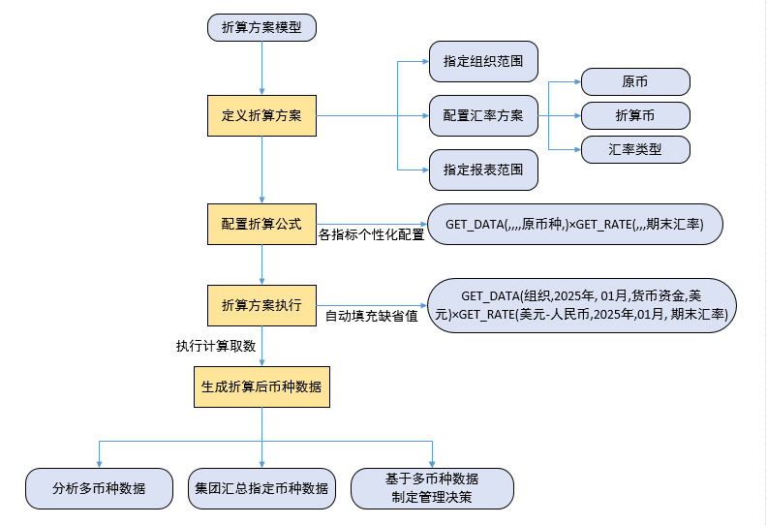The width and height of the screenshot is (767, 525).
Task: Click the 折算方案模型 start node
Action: click(x=261, y=28)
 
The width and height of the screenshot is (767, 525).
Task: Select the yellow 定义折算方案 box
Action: click(x=261, y=115)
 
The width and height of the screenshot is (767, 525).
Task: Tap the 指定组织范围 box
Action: click(x=483, y=62)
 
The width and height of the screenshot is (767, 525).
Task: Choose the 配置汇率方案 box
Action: click(x=483, y=115)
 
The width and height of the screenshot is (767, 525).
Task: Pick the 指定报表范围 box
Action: click(x=483, y=170)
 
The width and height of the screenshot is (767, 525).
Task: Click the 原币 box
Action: click(x=635, y=81)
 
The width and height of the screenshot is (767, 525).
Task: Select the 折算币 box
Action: click(x=635, y=115)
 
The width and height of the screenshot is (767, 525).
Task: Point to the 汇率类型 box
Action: click(x=635, y=149)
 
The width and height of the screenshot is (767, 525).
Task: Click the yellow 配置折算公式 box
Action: click(x=261, y=224)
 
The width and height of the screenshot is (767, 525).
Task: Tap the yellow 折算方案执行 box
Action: click(x=261, y=305)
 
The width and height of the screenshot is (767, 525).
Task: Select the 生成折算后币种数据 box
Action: click(x=261, y=386)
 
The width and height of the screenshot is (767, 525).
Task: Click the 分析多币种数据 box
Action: click(x=100, y=488)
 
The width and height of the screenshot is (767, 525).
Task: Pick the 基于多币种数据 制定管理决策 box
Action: click(x=432, y=488)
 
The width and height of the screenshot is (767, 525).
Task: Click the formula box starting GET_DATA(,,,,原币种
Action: click(x=574, y=224)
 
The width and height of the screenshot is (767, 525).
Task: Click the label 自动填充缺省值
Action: click(x=371, y=316)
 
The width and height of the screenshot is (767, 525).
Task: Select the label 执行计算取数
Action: click(x=215, y=347)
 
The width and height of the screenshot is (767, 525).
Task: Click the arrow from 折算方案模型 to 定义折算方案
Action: click(x=262, y=68)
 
